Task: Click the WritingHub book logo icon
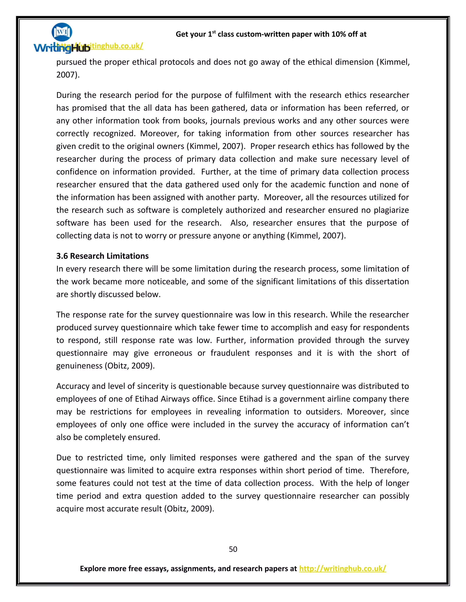(x=62, y=32)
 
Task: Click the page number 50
(x=233, y=549)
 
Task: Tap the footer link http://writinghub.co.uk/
(x=342, y=568)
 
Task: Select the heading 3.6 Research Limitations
(x=102, y=256)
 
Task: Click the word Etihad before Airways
(x=147, y=399)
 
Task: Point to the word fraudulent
(x=230, y=353)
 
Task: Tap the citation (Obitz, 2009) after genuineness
(x=129, y=366)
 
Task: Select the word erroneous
(x=173, y=353)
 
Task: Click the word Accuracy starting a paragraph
(x=73, y=386)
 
